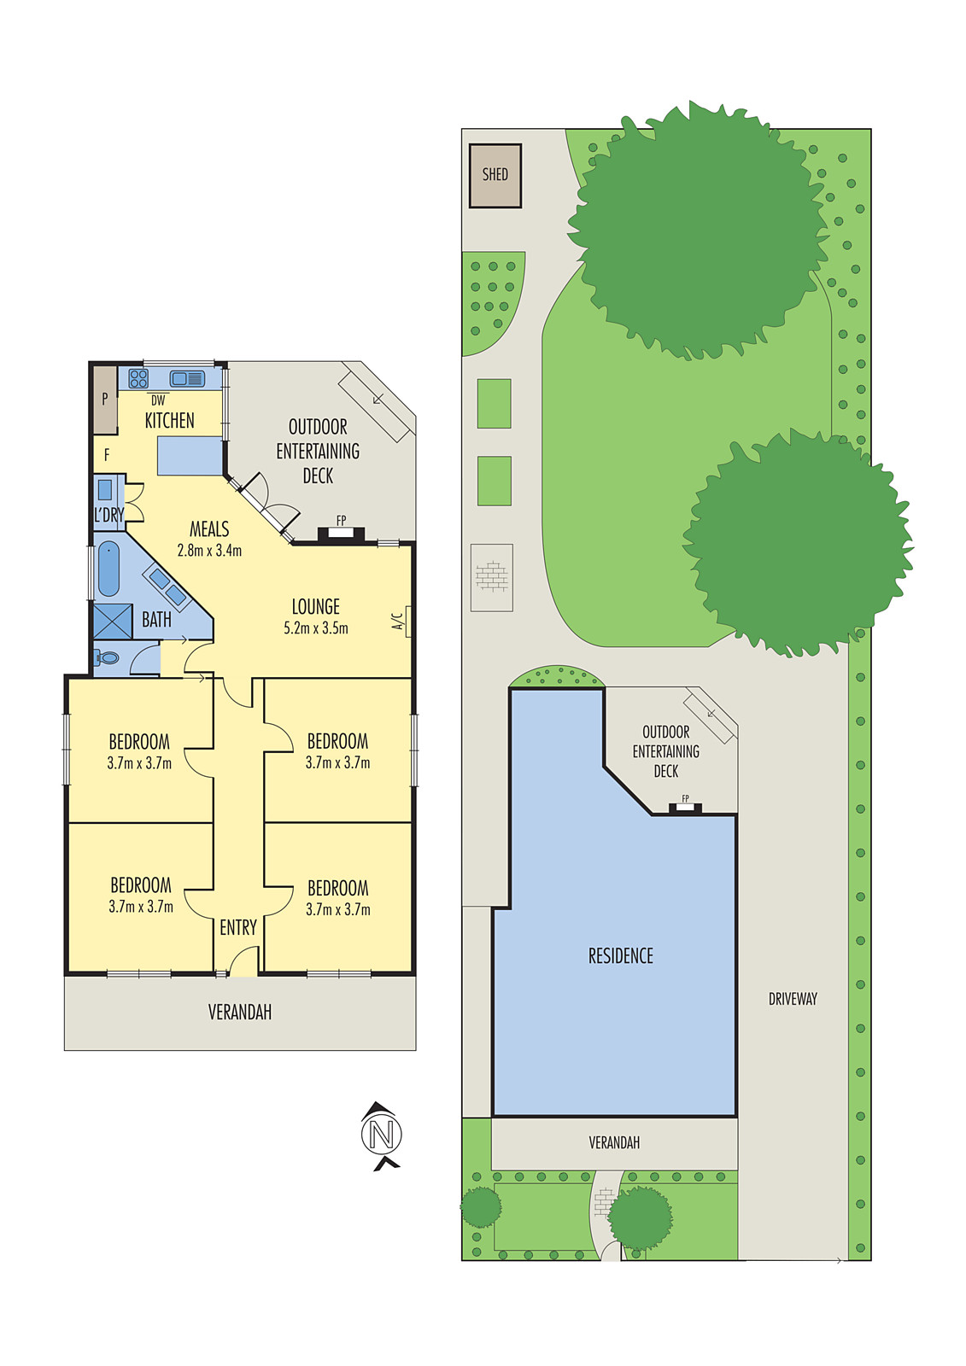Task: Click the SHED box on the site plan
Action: (495, 175)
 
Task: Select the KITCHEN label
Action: (169, 420)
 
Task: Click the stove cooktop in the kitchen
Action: (138, 378)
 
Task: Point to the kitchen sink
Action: (187, 378)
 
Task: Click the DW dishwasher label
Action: (158, 400)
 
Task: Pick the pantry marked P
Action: (105, 399)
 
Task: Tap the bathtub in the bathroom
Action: (108, 569)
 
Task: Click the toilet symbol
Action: (108, 657)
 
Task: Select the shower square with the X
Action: (113, 621)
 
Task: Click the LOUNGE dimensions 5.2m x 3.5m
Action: (316, 628)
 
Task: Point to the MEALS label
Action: (209, 529)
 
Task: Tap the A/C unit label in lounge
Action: (398, 622)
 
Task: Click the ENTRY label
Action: (238, 928)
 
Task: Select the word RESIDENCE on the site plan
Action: (620, 956)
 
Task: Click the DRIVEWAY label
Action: (793, 999)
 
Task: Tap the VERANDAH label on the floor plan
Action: (240, 1013)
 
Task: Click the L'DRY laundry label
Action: (108, 516)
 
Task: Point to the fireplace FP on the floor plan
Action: (341, 521)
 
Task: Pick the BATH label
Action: (156, 620)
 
